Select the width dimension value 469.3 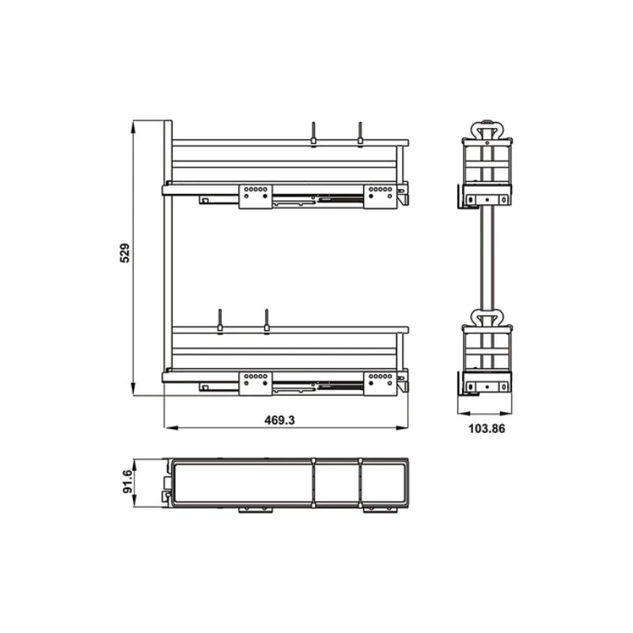279,421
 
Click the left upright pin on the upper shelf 313,133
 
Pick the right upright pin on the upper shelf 360,133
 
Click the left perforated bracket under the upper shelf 255,195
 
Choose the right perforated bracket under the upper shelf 380,195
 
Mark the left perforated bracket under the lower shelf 255,381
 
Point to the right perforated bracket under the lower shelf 380,381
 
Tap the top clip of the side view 487,128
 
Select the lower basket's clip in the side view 487,316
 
